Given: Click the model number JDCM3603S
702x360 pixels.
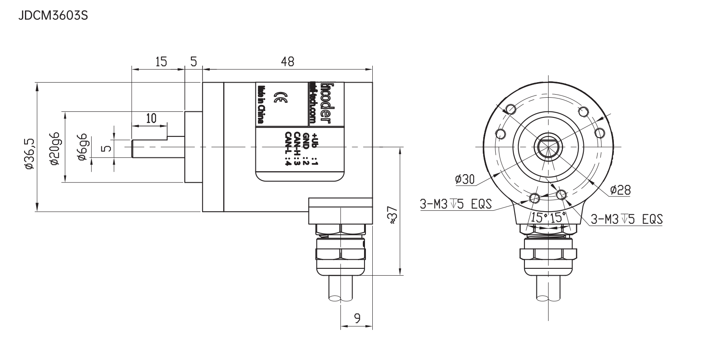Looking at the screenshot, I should click(53, 16).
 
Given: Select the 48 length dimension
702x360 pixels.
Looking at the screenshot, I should click(288, 62).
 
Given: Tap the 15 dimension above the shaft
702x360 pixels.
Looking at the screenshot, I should click(161, 62).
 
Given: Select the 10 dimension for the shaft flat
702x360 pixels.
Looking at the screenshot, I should click(150, 118).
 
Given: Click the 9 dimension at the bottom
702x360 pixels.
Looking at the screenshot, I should click(357, 318).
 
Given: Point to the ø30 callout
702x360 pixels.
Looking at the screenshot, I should click(464, 179).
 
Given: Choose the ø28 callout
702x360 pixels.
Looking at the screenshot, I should click(620, 190).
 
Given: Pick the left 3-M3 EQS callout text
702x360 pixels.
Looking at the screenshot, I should click(456, 204).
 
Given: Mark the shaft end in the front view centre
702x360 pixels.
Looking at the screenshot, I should click(549, 146).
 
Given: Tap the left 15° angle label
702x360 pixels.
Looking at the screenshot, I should click(538, 217).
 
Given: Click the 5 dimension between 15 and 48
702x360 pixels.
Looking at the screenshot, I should click(193, 62).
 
